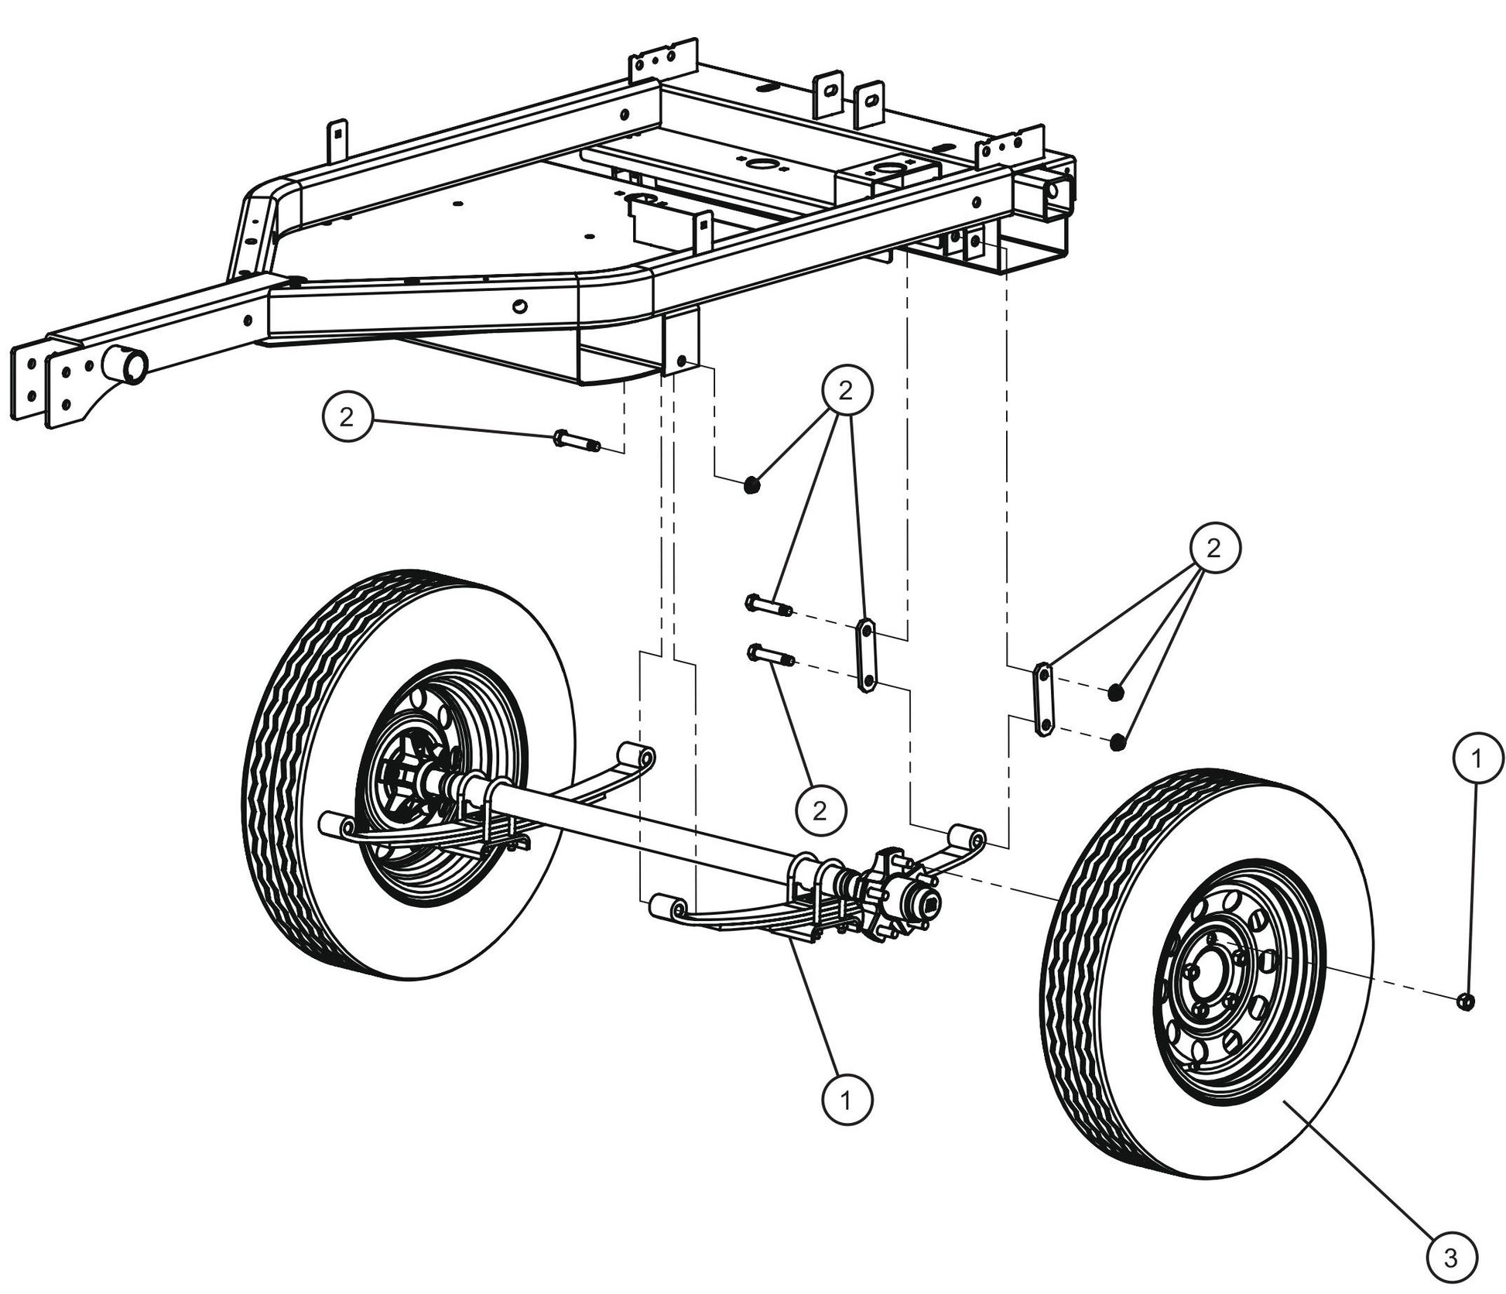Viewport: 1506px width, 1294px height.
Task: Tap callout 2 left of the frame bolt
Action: [346, 417]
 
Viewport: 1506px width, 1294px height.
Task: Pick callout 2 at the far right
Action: [1213, 549]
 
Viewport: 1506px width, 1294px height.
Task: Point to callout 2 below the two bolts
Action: [820, 810]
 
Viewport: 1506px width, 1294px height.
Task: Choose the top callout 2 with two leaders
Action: [845, 390]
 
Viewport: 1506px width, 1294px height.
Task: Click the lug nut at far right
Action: [1464, 1001]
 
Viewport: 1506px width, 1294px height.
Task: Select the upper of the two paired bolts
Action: [767, 604]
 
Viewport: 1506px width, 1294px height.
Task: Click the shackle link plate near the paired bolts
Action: [865, 655]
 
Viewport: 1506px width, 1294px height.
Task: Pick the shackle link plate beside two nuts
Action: [1043, 699]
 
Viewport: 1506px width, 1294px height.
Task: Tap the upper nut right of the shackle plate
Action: [1115, 692]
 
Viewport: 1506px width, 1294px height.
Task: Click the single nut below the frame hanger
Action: [751, 486]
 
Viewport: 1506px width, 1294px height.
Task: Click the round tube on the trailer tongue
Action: [125, 364]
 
